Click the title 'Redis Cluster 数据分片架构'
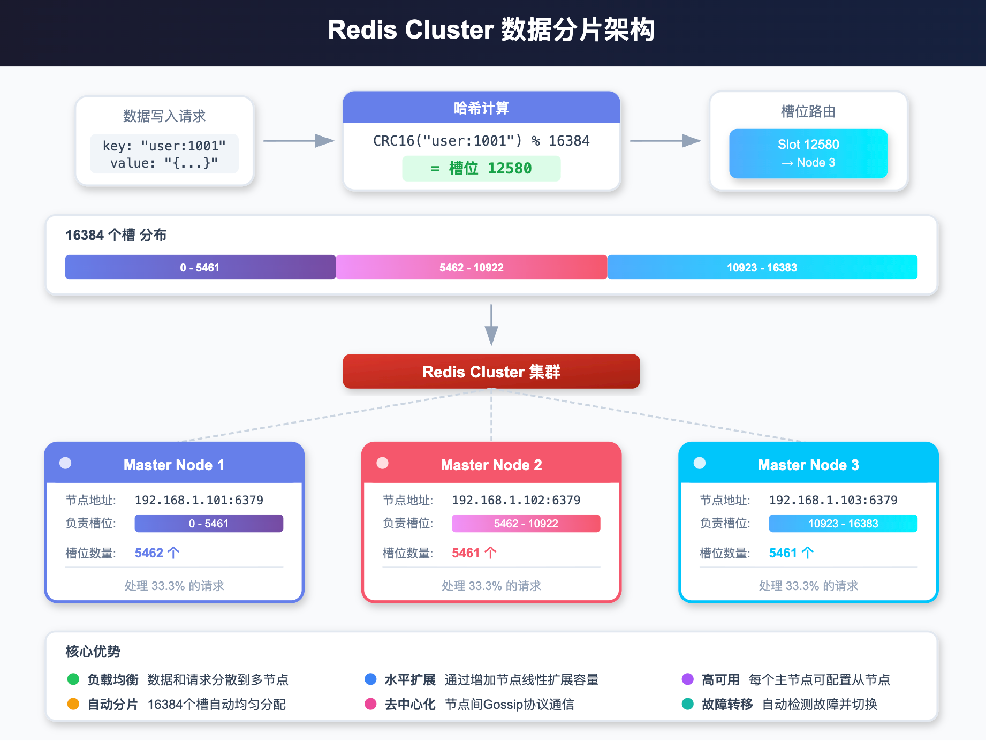(x=491, y=30)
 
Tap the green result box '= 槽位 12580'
(x=481, y=169)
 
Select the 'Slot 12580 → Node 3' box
(x=808, y=154)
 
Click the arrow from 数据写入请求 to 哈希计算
(x=298, y=141)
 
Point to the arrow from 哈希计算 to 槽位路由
(x=665, y=141)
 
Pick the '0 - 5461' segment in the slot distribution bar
(x=200, y=267)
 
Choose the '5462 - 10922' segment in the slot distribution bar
(x=472, y=267)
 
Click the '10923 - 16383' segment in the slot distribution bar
(x=762, y=267)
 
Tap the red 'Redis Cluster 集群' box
(x=491, y=372)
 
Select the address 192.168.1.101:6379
(x=199, y=500)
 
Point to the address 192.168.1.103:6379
(x=833, y=500)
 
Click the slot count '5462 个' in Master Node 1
(x=157, y=553)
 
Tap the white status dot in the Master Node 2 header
(x=383, y=463)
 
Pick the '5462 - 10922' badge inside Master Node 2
(x=526, y=524)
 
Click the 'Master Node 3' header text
(x=808, y=465)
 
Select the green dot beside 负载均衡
(x=73, y=679)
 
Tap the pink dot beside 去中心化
(x=370, y=704)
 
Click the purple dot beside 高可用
(x=688, y=679)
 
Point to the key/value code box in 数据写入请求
(x=164, y=154)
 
